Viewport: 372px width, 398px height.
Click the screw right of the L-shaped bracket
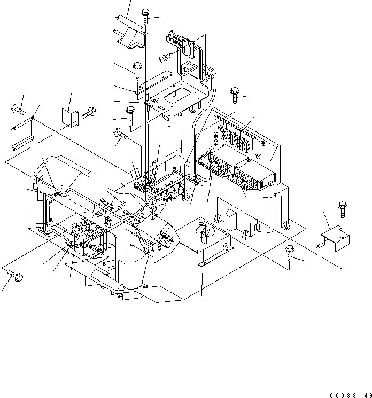tap(88, 112)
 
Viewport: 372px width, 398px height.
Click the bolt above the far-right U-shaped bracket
tap(343, 207)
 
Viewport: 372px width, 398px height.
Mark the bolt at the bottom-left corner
tap(14, 276)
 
